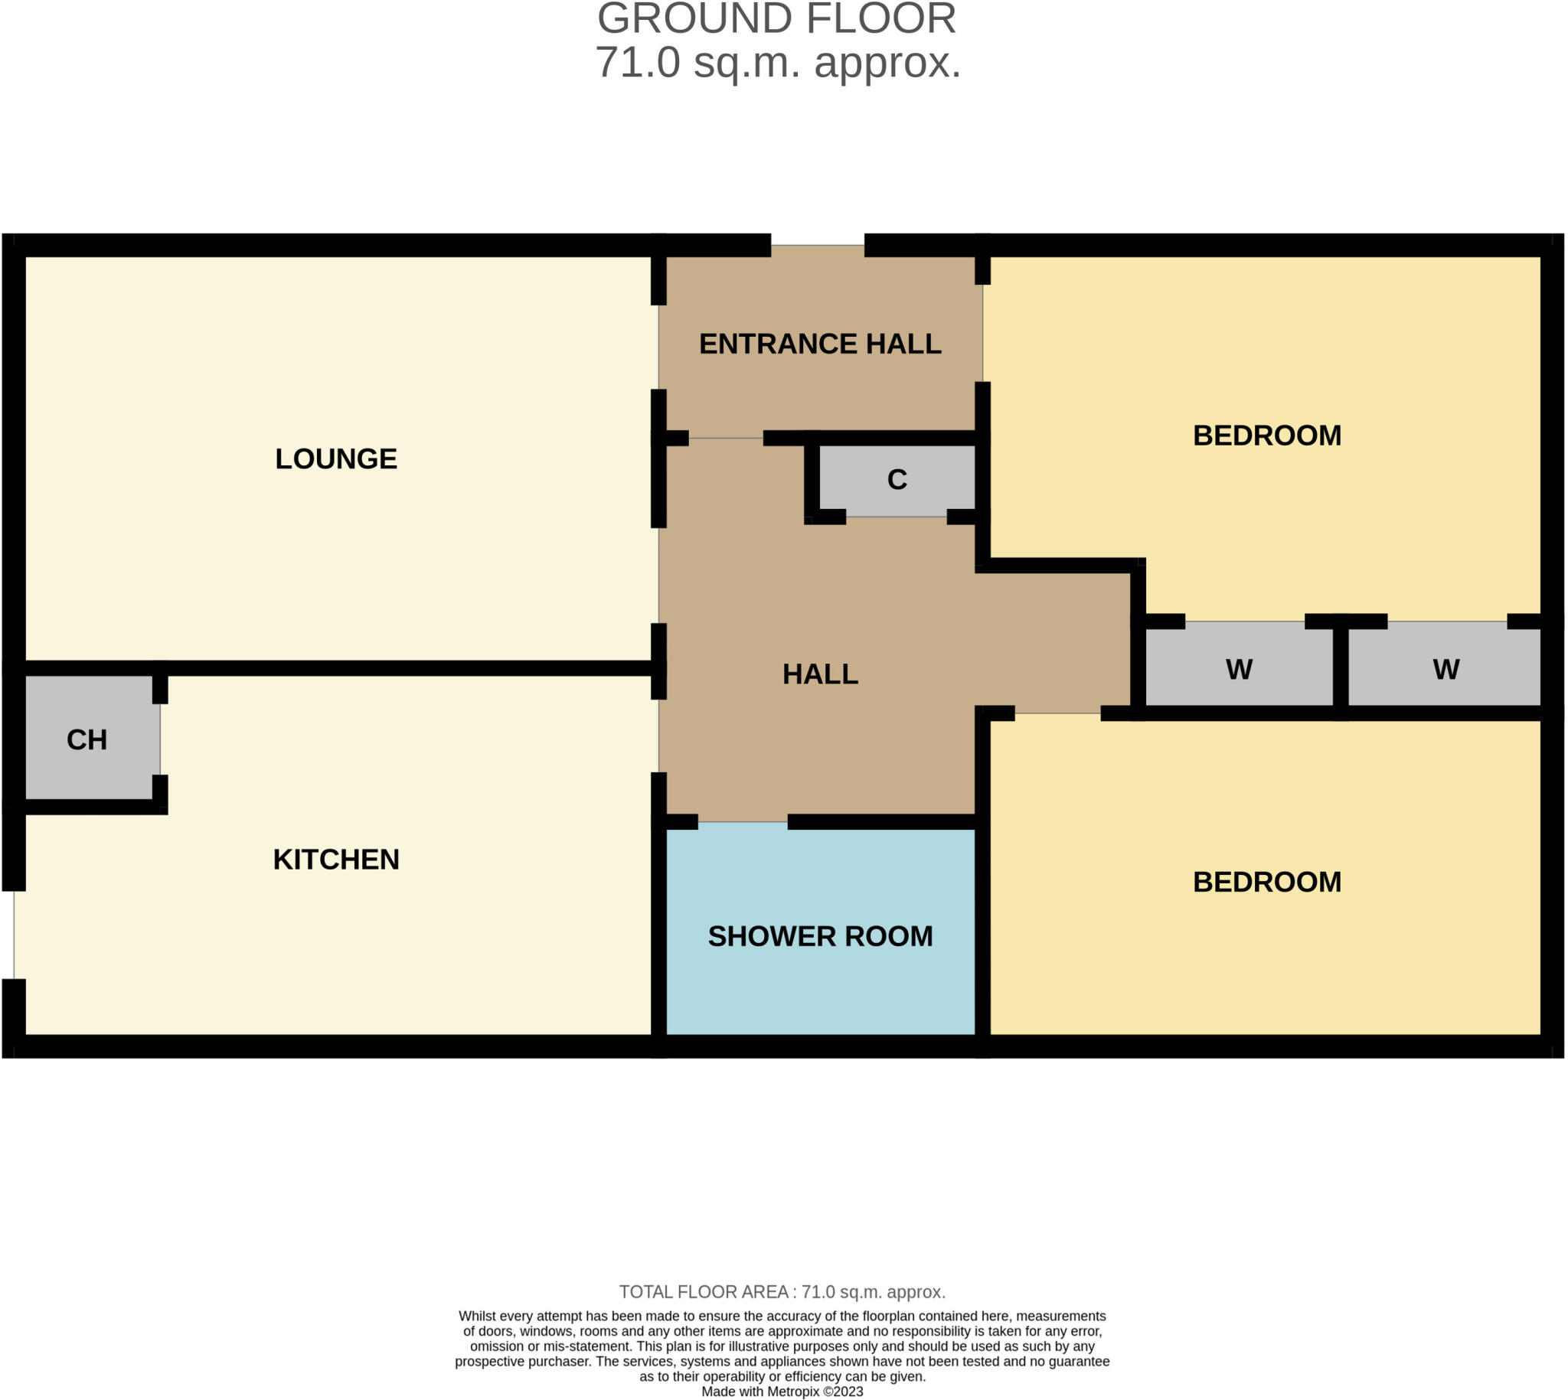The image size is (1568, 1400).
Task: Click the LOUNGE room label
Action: (336, 459)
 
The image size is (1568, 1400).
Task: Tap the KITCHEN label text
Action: (336, 860)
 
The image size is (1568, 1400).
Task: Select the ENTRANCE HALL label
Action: (819, 344)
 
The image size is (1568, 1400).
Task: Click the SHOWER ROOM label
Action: (819, 936)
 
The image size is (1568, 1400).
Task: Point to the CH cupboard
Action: (87, 740)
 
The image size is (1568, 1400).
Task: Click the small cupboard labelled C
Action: (897, 480)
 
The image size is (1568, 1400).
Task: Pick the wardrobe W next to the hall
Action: (1239, 670)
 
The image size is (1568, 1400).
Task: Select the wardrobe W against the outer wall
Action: (1445, 670)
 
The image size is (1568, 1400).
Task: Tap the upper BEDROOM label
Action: (1266, 436)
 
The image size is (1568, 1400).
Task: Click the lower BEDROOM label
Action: (1266, 883)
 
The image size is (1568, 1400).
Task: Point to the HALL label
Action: (819, 674)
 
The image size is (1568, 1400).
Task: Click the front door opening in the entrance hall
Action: (817, 246)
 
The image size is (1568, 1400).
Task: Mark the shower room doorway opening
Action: (743, 822)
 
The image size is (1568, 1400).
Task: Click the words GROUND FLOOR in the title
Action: (776, 19)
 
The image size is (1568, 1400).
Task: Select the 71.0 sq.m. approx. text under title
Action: (777, 63)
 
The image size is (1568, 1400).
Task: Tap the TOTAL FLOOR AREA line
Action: (782, 1291)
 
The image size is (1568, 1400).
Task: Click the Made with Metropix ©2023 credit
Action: (782, 1392)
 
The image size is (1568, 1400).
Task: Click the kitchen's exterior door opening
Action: (14, 935)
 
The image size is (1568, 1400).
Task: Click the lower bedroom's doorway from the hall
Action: (1057, 713)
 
